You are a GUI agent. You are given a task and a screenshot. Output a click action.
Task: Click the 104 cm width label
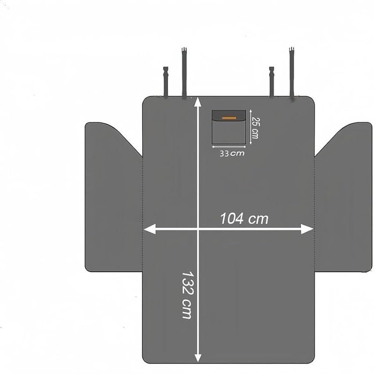[244, 218]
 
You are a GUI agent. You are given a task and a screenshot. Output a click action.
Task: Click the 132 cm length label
[187, 295]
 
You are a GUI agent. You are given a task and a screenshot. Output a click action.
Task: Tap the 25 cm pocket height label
[255, 128]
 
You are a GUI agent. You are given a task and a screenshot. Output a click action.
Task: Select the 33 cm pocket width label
[232, 153]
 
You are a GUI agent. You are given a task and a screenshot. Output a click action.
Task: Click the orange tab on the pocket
[229, 118]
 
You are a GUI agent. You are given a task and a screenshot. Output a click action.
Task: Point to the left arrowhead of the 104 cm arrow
[149, 229]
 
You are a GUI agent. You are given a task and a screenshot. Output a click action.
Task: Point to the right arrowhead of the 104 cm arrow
[307, 229]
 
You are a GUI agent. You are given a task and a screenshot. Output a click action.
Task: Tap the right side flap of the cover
[344, 198]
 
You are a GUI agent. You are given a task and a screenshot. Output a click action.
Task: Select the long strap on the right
[291, 74]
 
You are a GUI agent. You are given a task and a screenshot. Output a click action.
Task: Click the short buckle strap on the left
[165, 82]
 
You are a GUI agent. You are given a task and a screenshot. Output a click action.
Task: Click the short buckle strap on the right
[272, 82]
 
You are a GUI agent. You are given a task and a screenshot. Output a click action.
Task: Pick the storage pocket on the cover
[229, 127]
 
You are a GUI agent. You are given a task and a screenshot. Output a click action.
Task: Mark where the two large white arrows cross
[198, 229]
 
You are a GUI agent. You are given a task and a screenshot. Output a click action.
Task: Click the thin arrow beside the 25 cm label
[251, 127]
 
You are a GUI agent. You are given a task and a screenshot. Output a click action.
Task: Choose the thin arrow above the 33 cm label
[229, 147]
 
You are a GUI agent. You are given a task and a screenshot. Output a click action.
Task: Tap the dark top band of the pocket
[229, 115]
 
